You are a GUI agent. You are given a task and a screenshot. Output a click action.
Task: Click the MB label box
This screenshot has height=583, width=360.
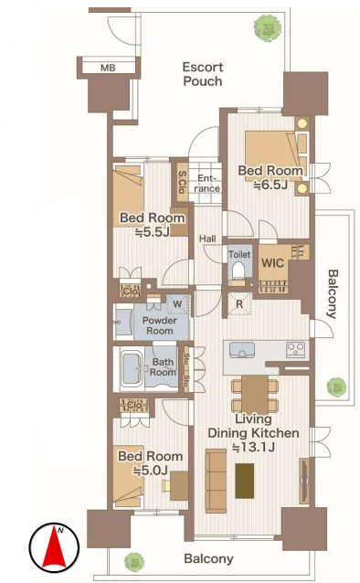coord(108,68)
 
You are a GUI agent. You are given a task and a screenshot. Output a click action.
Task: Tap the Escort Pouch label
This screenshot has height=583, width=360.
coord(203,74)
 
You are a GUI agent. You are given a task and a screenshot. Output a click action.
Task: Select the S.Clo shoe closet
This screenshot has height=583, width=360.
coord(182,182)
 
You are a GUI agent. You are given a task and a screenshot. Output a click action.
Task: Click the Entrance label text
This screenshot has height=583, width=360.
coord(206,184)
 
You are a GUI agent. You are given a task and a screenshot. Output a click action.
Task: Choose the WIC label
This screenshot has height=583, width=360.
coord(272,263)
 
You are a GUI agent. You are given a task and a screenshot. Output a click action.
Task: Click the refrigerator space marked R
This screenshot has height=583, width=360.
coord(240,304)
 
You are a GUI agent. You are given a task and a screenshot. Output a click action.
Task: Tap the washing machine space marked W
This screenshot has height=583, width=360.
coord(178,304)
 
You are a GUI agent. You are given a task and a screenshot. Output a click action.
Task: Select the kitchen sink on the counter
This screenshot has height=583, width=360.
coord(242,350)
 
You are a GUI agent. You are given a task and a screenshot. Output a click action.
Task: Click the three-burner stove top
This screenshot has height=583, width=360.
coord(296,350)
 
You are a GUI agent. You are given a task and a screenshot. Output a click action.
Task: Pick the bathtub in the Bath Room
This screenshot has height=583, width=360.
coord(131,368)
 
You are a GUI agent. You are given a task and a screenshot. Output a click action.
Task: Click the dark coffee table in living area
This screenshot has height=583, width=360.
coord(244,481)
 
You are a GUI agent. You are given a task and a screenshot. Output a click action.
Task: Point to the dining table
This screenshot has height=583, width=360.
coord(255,395)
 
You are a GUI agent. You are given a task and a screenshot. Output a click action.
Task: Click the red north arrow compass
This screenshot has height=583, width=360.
coord(54,546)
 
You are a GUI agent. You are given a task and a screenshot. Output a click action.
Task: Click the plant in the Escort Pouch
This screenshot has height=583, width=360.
coord(268,28)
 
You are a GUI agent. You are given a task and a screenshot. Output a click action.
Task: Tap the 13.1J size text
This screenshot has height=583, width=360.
coord(254,447)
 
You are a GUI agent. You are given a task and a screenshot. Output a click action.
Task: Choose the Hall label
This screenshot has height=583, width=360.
coord(207,238)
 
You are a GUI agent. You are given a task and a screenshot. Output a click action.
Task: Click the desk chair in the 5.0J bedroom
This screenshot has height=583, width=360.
coord(166,485)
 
